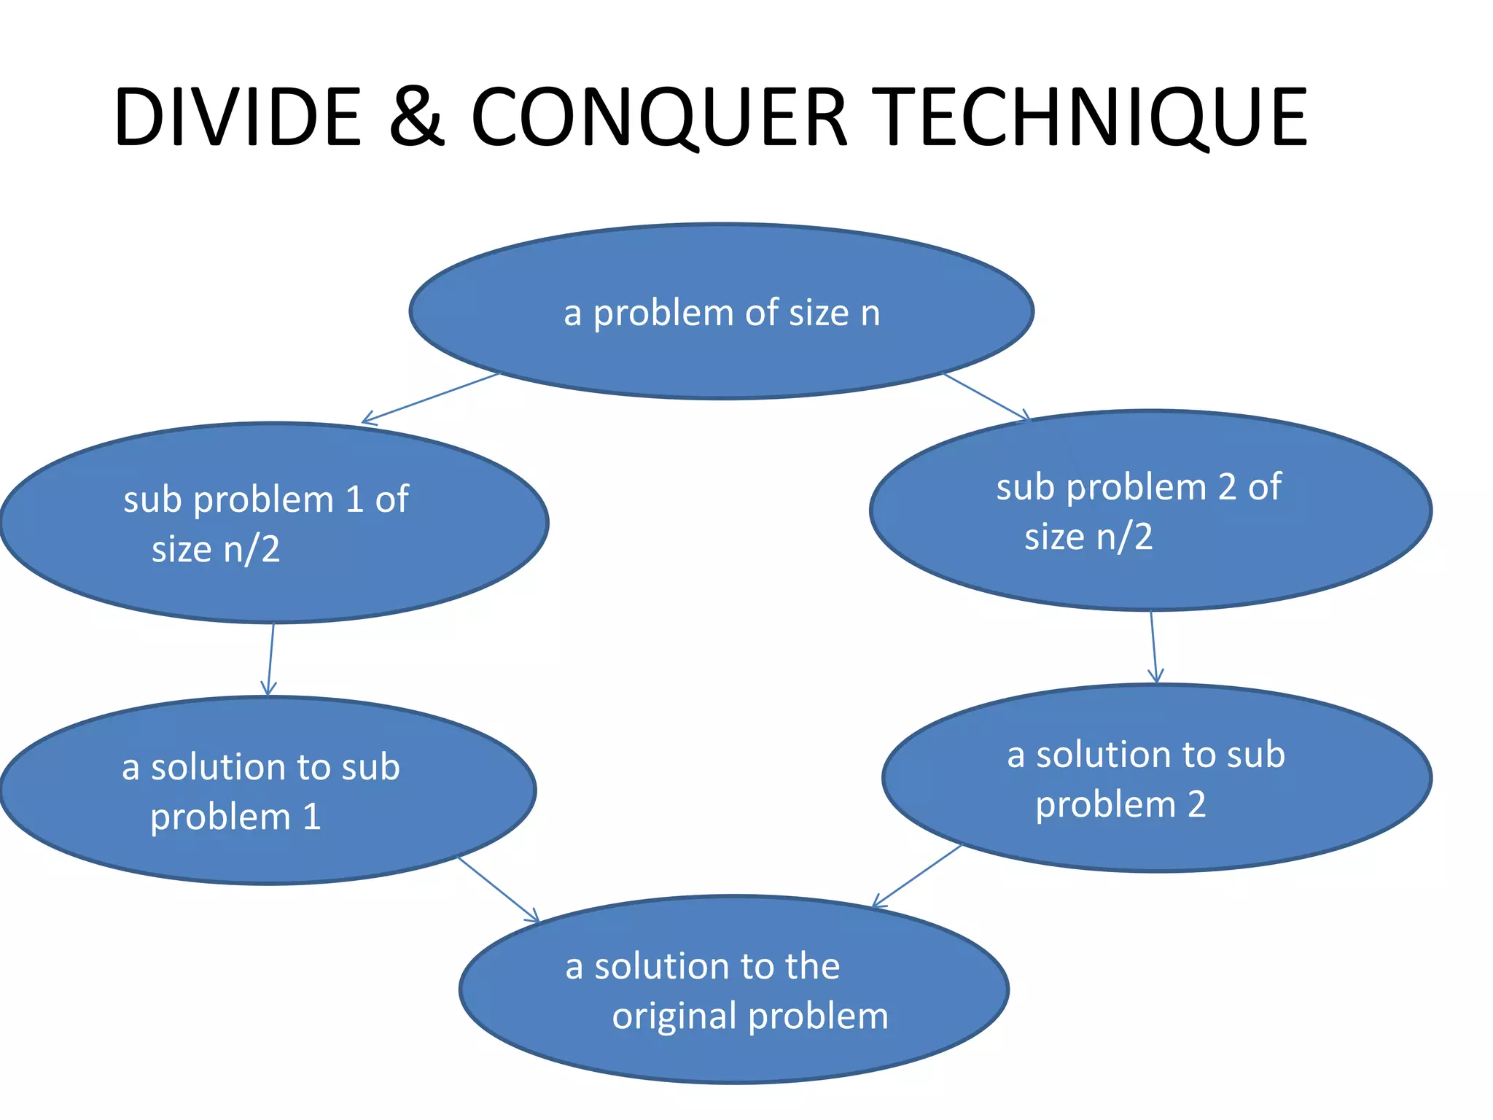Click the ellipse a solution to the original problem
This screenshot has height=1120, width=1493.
[x=734, y=1050]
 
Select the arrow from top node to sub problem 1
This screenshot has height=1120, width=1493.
[x=430, y=398]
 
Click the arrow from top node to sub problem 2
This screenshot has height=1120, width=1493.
[x=986, y=397]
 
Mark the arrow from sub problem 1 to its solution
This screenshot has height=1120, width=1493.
[x=270, y=659]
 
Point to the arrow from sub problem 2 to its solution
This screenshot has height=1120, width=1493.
[x=1153, y=647]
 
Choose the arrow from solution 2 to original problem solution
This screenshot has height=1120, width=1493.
[x=917, y=876]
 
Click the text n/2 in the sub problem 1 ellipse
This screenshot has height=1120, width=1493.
[x=252, y=550]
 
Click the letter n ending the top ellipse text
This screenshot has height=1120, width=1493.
[x=870, y=314]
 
